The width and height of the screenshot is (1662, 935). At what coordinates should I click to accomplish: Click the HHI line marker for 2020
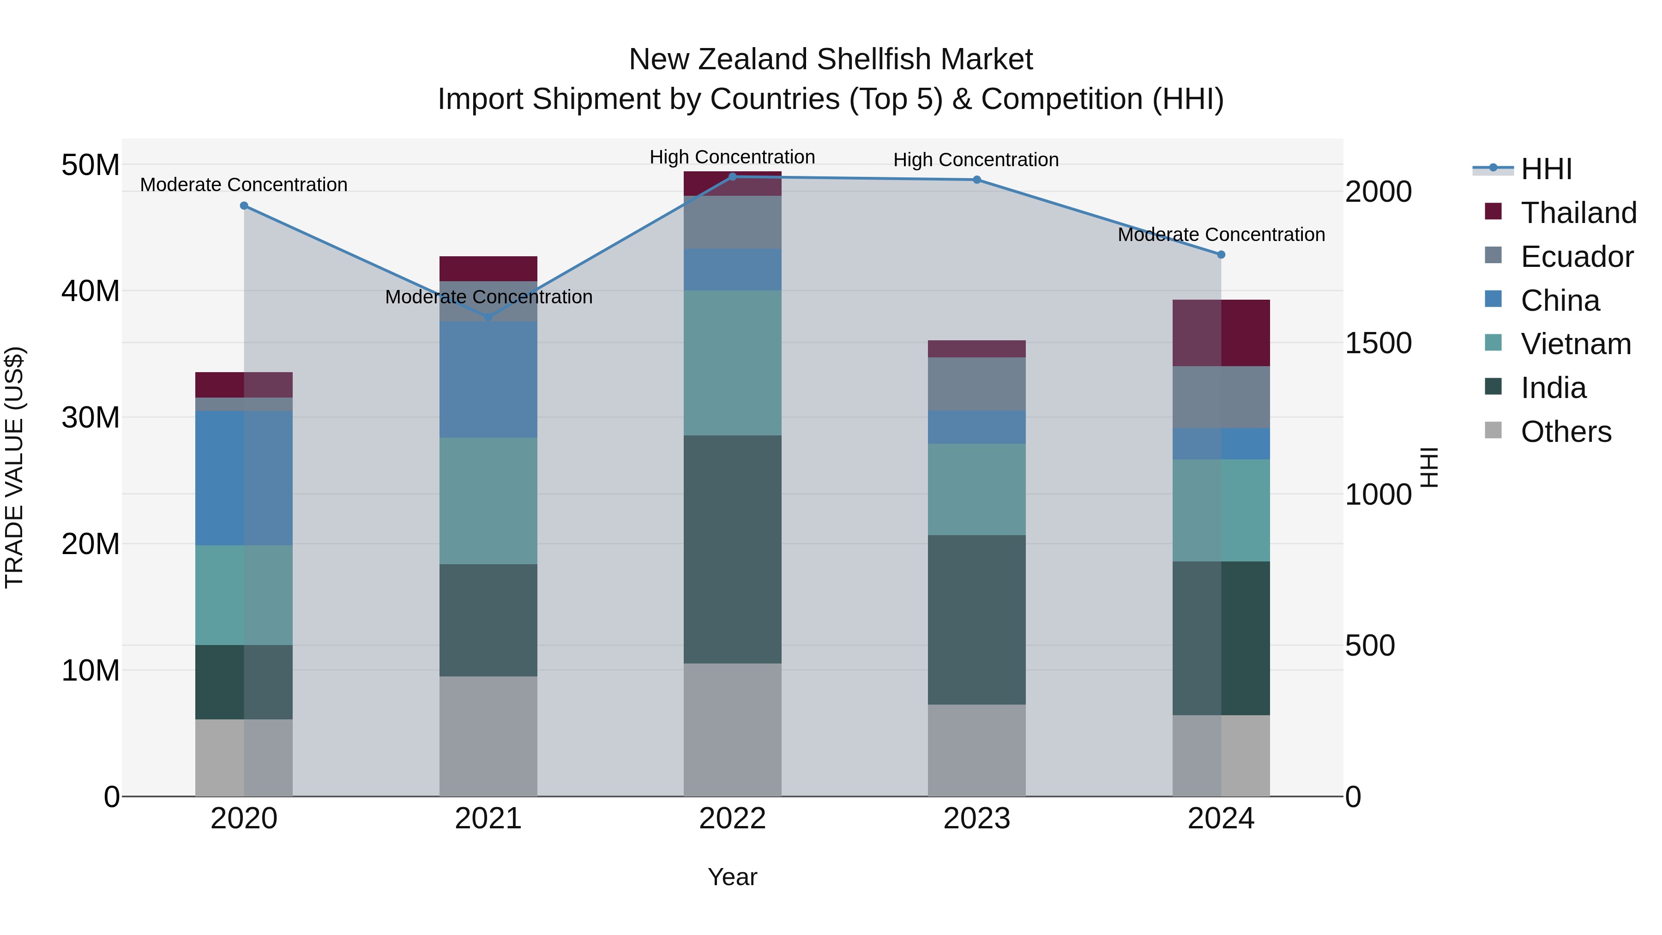tap(244, 206)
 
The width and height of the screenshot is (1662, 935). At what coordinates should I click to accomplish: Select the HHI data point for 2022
tap(732, 177)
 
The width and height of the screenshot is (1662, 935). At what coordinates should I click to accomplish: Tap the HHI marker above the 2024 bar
tap(1221, 255)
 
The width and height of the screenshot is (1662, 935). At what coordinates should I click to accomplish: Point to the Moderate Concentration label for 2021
tap(488, 297)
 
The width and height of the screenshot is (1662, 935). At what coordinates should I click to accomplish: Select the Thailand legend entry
tap(1578, 213)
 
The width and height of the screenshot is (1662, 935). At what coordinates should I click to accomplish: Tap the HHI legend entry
tap(1546, 169)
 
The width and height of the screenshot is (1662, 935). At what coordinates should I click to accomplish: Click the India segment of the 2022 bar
tap(732, 549)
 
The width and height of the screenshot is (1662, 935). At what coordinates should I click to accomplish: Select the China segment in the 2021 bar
tap(488, 380)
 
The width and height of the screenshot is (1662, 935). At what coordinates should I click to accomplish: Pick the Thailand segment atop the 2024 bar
tap(1221, 333)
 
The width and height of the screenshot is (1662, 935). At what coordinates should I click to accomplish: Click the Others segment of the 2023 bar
tap(976, 750)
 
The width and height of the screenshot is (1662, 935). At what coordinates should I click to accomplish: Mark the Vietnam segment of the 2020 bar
tap(244, 595)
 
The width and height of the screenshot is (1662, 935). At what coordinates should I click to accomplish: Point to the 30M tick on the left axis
tap(90, 417)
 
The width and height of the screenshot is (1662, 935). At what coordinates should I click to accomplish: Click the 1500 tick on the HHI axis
tap(1378, 343)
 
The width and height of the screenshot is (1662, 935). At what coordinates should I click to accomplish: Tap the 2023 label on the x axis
tap(976, 819)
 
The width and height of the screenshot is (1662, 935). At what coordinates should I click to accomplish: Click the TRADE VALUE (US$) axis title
tap(14, 467)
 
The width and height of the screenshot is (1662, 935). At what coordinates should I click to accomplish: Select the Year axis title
tap(732, 877)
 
